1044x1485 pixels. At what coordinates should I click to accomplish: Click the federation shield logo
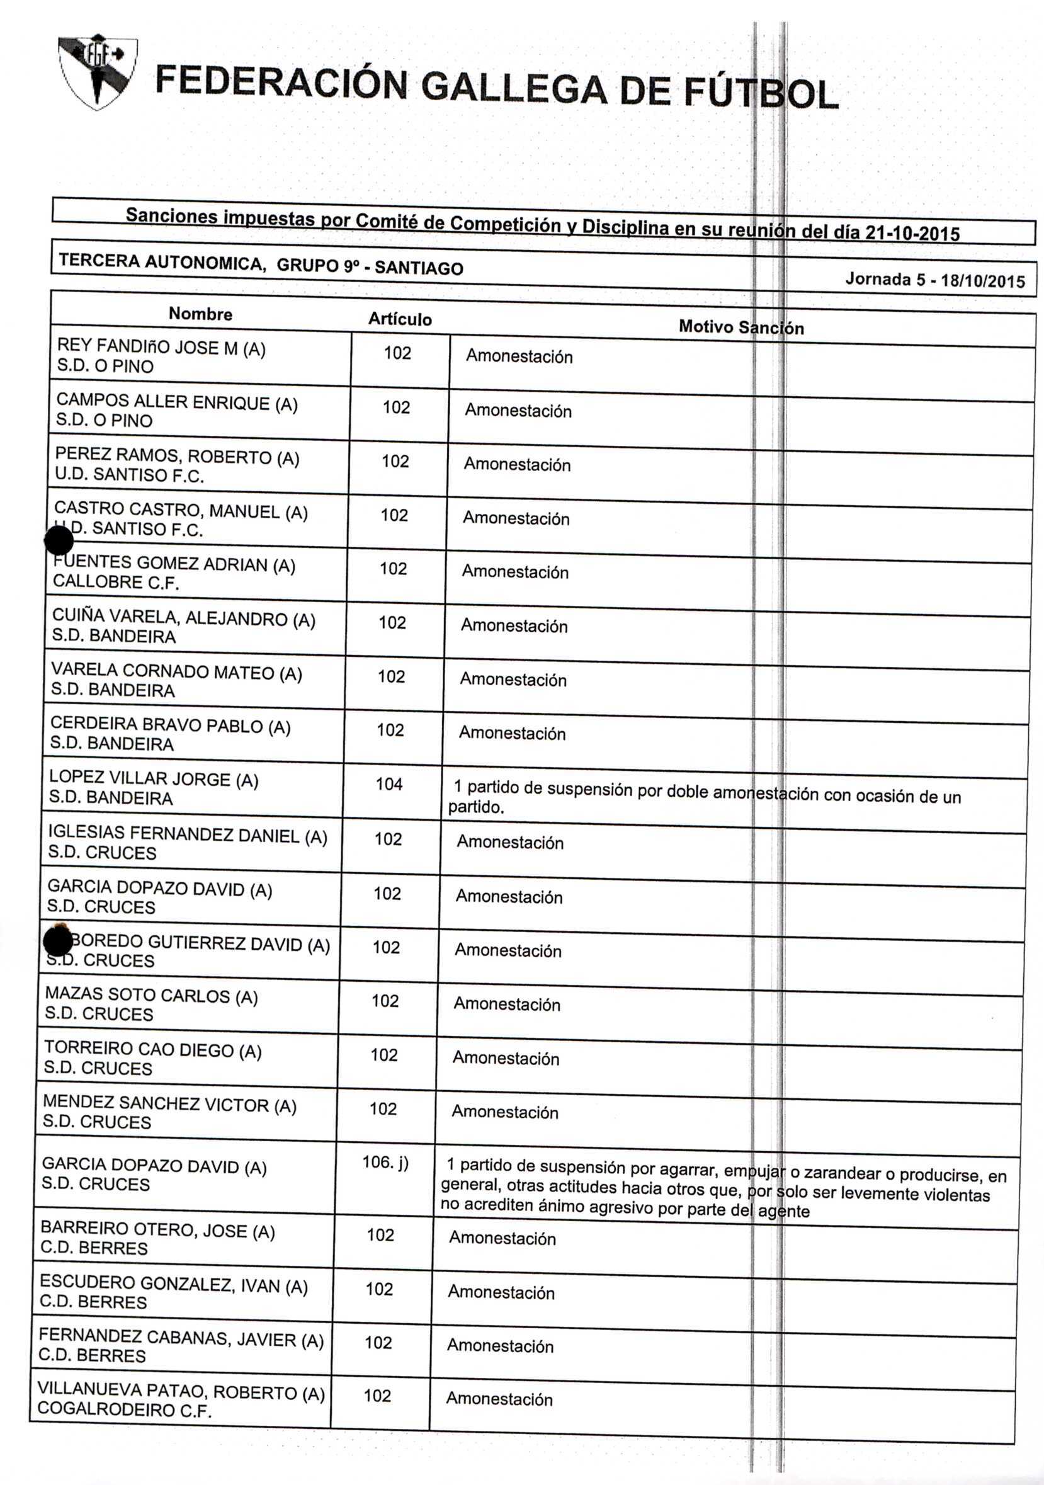tap(97, 71)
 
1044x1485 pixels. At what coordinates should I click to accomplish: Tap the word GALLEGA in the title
tap(514, 88)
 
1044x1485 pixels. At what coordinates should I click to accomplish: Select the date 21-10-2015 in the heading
tap(912, 232)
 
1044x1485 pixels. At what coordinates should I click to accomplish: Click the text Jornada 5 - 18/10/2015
tap(934, 280)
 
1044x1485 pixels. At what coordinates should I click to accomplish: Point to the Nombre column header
tap(200, 314)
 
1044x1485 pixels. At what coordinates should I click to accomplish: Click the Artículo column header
tap(400, 319)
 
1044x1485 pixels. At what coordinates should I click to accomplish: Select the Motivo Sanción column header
tap(740, 327)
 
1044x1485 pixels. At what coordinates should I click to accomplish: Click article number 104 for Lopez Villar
tap(389, 785)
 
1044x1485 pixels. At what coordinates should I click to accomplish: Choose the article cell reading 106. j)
tap(385, 1163)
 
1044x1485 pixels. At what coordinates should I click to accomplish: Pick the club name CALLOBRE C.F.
tap(116, 582)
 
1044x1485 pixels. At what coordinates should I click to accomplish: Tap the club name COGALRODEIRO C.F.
tap(125, 1411)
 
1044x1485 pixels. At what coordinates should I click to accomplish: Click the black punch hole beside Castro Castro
tap(59, 540)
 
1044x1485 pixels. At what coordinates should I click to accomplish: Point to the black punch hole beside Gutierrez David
tap(57, 941)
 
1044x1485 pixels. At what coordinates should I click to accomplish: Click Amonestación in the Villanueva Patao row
tap(499, 1399)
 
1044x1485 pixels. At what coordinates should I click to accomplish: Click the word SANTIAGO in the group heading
tap(419, 268)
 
